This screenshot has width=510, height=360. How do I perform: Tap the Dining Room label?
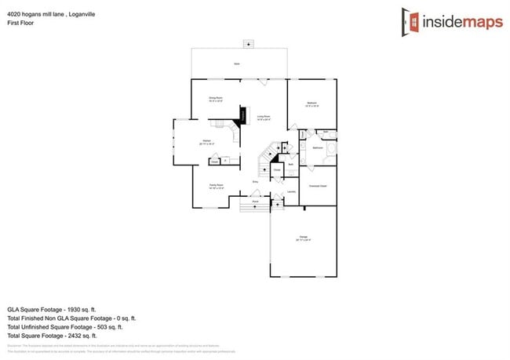pyautogui.click(x=215, y=99)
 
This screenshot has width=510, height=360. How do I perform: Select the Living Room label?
pyautogui.click(x=264, y=116)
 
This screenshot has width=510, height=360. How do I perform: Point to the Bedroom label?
pyautogui.click(x=311, y=104)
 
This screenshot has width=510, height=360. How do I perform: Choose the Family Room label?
pyautogui.click(x=216, y=186)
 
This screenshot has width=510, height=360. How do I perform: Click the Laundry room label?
pyautogui.click(x=291, y=191)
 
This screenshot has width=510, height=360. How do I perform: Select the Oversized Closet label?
pyautogui.click(x=318, y=186)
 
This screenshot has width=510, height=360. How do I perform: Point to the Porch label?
pyautogui.click(x=256, y=202)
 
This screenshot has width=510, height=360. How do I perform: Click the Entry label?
pyautogui.click(x=255, y=182)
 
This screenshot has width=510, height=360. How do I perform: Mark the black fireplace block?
pyautogui.click(x=242, y=117)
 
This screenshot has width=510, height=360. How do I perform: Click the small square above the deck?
pyautogui.click(x=250, y=43)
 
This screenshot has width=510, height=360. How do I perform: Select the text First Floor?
pyautogui.click(x=20, y=23)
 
